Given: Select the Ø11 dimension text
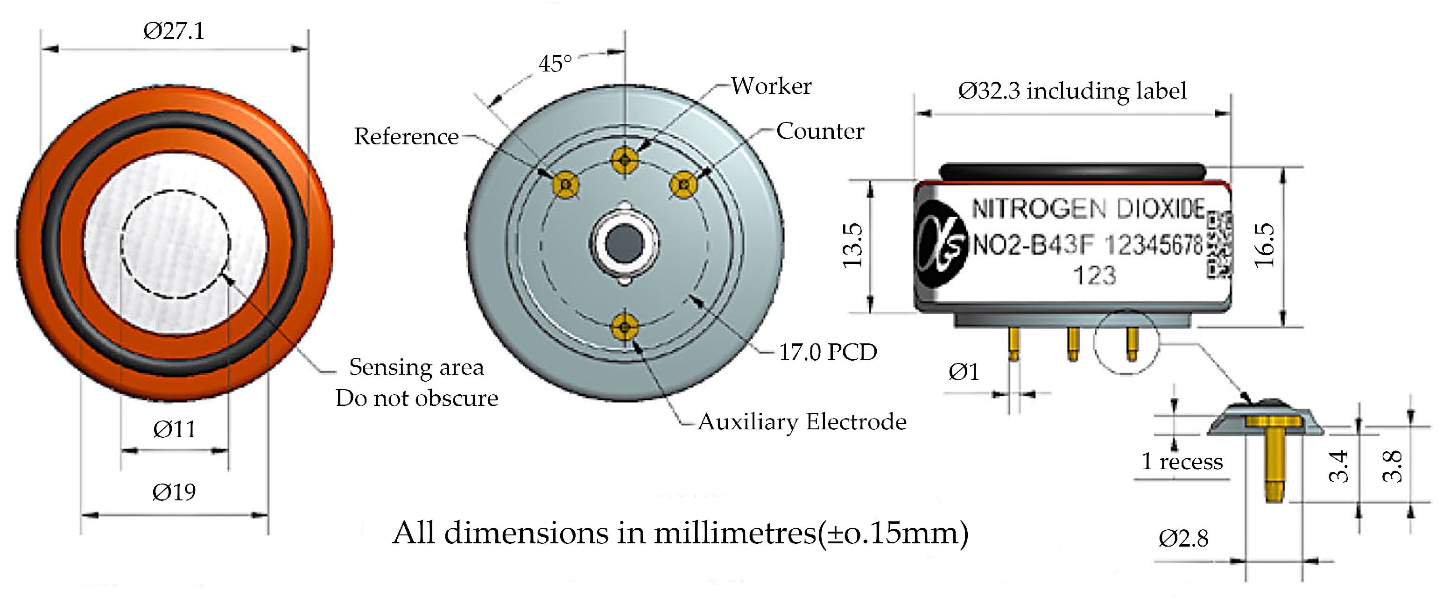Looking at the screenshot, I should [x=175, y=430].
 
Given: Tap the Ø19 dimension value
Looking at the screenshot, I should [x=174, y=492].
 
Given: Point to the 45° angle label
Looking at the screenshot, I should [x=555, y=64].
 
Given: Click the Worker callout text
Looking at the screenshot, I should [x=771, y=86].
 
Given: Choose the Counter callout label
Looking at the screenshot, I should [x=820, y=131].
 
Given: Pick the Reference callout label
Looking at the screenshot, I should [x=406, y=136].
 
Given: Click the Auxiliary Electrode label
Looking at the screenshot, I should [x=802, y=422].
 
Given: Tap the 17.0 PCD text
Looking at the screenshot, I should [x=827, y=353].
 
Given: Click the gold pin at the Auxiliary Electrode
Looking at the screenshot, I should [x=624, y=327].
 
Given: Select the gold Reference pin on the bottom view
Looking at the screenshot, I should [x=566, y=185].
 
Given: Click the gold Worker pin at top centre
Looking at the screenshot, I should [x=624, y=160].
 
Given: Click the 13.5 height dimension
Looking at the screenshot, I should [x=852, y=246].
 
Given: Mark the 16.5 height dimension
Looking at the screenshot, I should [x=1264, y=246].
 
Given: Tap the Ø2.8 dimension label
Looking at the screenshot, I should [x=1183, y=539].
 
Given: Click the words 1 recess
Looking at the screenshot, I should [x=1182, y=462].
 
